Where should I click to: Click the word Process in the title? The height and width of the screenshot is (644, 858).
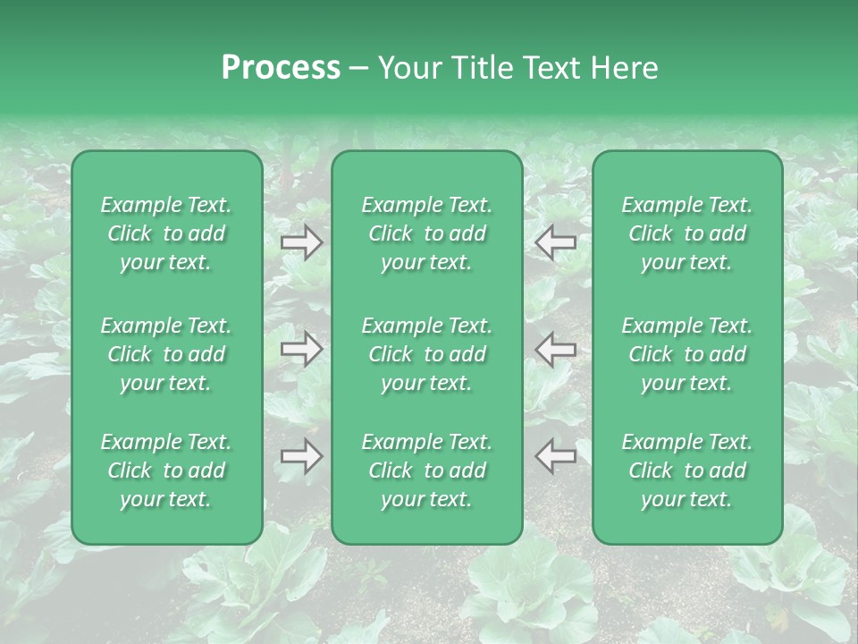tap(281, 68)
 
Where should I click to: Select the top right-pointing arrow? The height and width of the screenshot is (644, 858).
tap(302, 241)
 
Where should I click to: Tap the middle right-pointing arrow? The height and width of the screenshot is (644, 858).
tap(302, 349)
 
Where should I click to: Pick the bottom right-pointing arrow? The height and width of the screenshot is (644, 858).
tap(302, 456)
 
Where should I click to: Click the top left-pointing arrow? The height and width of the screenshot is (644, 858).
tap(556, 241)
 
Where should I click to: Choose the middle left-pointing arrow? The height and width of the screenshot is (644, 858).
tap(556, 349)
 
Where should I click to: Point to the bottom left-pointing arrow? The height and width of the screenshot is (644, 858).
tap(556, 456)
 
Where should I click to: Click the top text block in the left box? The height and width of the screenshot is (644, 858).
tap(166, 233)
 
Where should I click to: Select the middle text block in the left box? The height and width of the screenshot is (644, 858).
tap(166, 354)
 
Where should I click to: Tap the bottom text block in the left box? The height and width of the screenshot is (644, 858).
tap(166, 470)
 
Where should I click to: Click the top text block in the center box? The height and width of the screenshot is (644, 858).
tap(427, 233)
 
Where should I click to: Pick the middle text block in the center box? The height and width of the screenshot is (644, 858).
tap(427, 354)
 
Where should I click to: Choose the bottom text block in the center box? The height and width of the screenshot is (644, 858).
tap(427, 470)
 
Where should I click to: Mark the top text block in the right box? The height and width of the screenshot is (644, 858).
tap(687, 233)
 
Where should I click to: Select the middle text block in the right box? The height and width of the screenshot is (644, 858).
tap(687, 354)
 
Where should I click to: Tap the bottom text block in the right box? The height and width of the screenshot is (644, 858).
tap(687, 470)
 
